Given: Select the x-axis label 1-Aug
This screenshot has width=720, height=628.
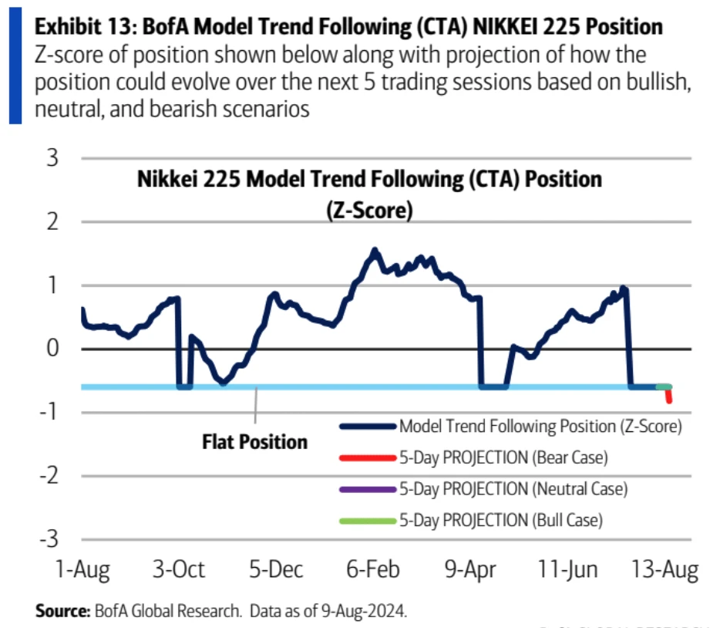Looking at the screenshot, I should tap(82, 570).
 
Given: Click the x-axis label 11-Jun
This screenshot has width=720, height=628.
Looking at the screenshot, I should tap(568, 570).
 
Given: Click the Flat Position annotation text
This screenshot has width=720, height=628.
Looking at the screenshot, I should tap(255, 442).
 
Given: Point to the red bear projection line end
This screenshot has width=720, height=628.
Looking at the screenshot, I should tap(669, 400).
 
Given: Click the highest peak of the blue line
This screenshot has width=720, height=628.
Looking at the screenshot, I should tap(375, 250).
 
